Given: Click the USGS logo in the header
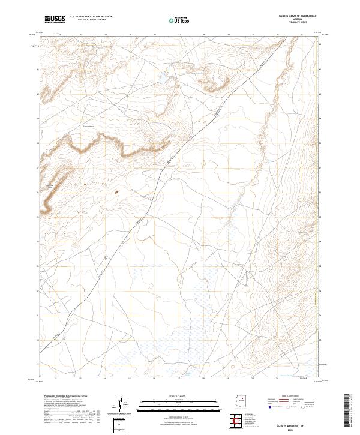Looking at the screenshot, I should (x=55, y=19).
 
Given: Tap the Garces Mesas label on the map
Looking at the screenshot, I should (x=89, y=127).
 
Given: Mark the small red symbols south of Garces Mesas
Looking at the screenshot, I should (x=116, y=192).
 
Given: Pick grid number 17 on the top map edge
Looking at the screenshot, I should (x=179, y=35).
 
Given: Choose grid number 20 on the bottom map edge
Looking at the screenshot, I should (x=253, y=379).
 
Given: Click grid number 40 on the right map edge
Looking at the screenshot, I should (x=320, y=94).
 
